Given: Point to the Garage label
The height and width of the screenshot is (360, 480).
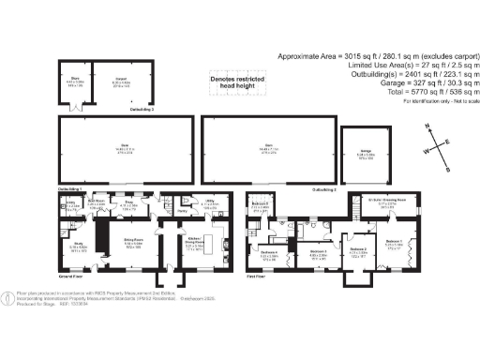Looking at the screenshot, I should point(361,156).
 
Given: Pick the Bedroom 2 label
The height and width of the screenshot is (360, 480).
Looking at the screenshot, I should point(357,250).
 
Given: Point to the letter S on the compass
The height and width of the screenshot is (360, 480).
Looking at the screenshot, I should point(448,169).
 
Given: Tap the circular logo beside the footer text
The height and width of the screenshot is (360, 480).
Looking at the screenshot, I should point(9,299).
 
